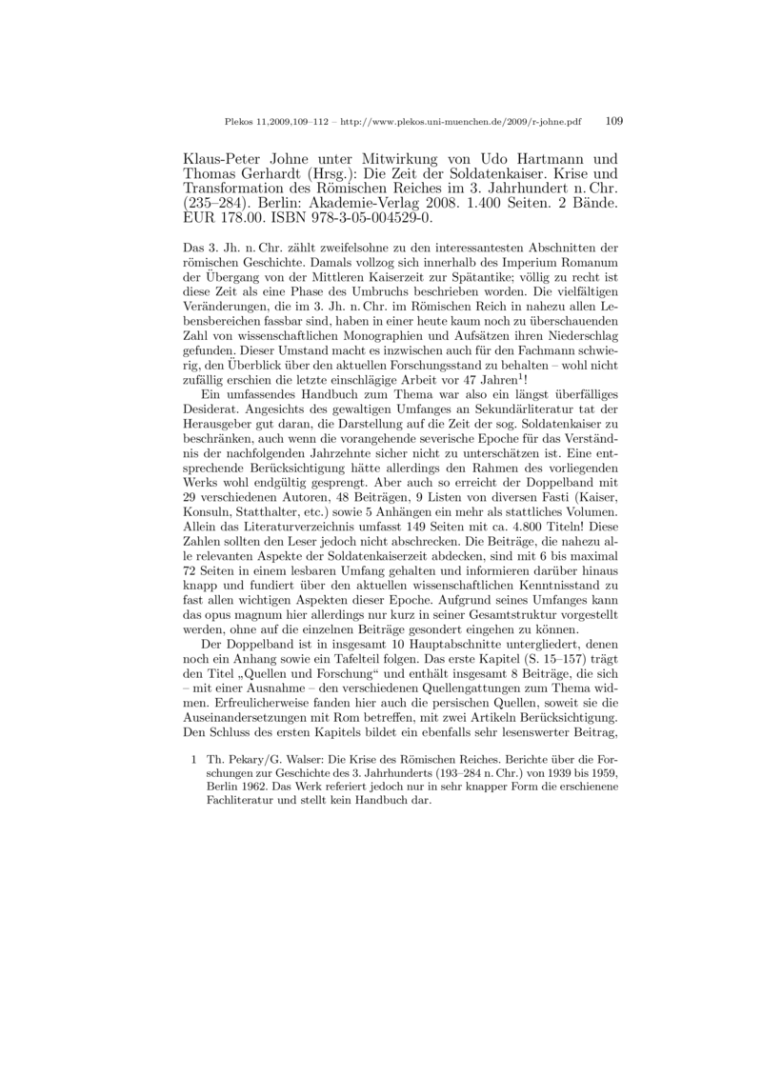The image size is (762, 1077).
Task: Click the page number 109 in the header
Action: click(x=614, y=122)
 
